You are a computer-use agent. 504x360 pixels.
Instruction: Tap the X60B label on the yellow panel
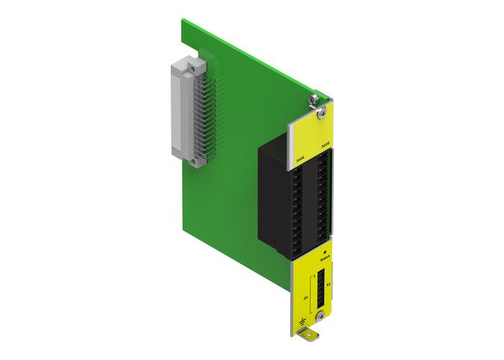[x=325, y=144]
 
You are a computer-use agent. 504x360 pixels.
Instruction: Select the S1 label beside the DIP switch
[x=328, y=286]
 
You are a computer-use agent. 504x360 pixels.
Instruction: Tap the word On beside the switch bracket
[x=305, y=295]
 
